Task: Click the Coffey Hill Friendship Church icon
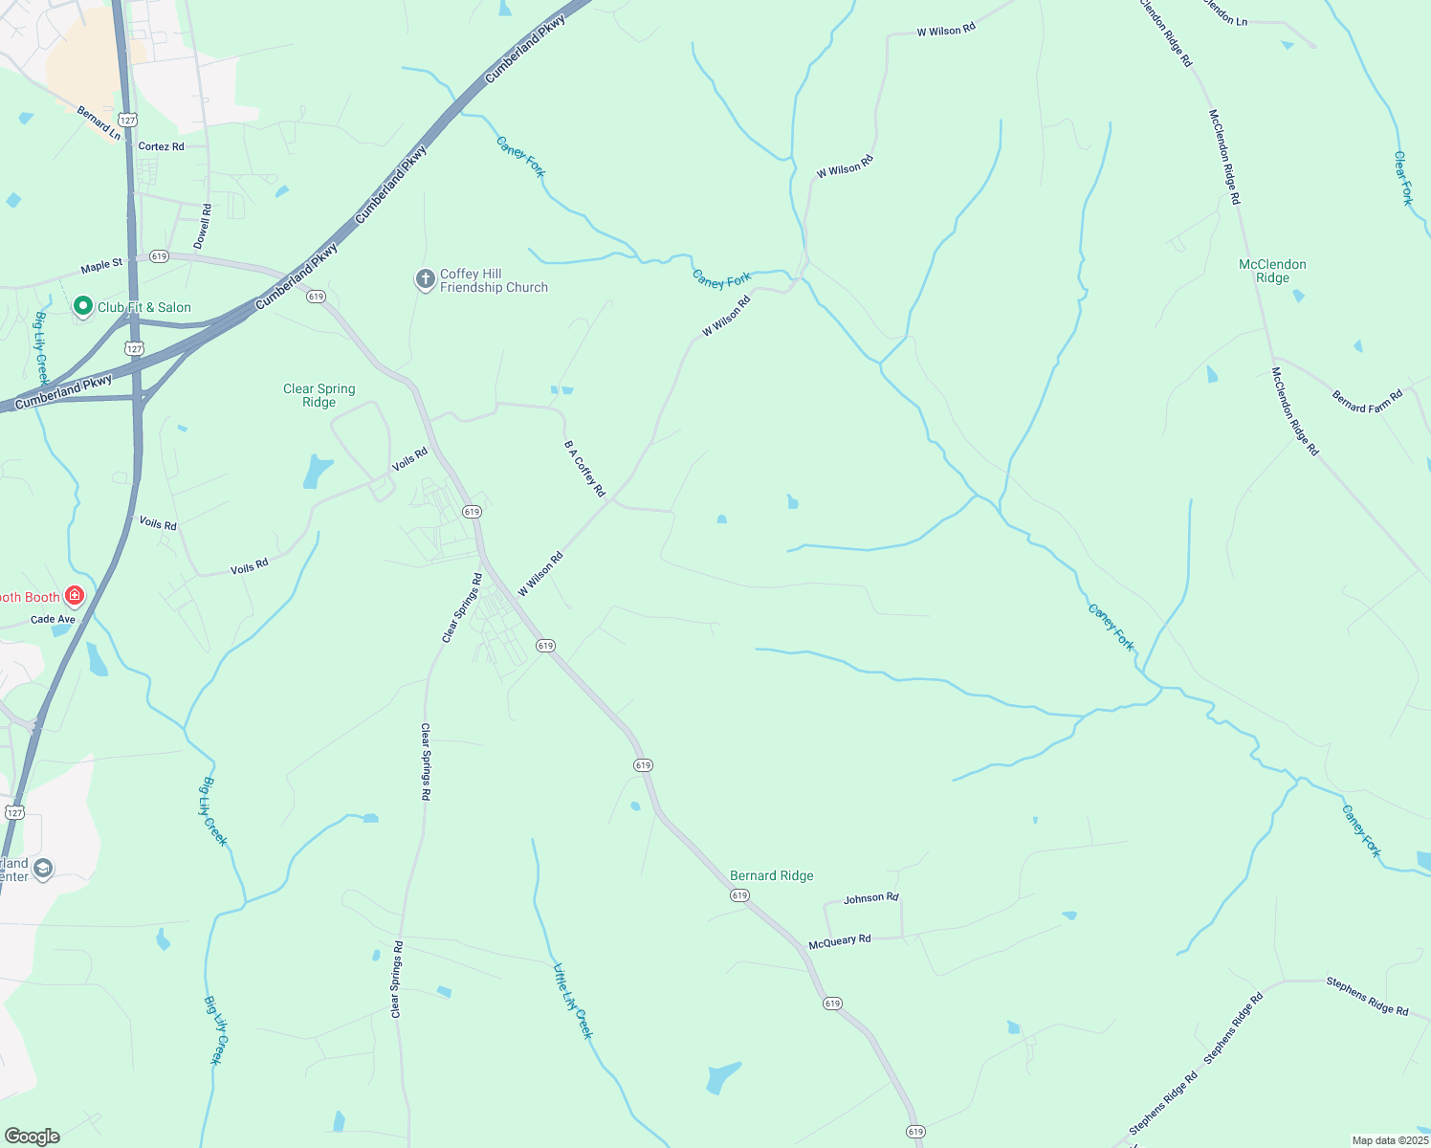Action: (426, 279)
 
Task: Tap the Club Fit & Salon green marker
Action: (83, 306)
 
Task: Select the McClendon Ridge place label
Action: (1272, 271)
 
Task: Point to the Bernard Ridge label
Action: (771, 875)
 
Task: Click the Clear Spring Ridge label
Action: (319, 395)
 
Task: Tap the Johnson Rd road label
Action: (870, 898)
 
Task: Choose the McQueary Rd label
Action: (840, 941)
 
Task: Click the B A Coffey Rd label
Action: (584, 468)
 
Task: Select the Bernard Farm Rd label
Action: (1367, 401)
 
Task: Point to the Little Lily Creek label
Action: (573, 1001)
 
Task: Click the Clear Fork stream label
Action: (1402, 178)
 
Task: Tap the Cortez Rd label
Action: (161, 146)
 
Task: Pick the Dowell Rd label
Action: (203, 226)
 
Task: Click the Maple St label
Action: (101, 265)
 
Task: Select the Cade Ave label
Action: (53, 619)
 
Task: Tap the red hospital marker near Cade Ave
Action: (75, 596)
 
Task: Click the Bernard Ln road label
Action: (99, 123)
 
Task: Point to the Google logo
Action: (33, 1137)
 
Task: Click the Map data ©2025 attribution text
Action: (1389, 1140)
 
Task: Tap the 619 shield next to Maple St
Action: (159, 256)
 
